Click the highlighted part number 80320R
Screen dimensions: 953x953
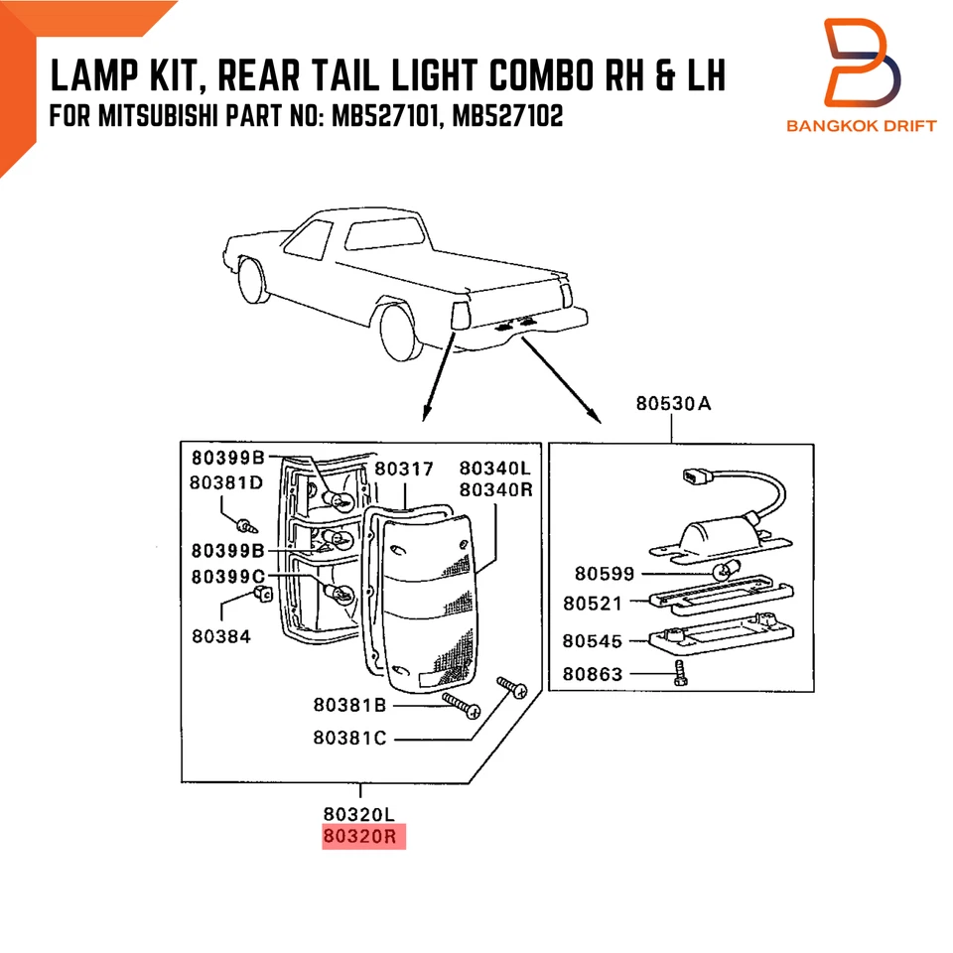point(361,837)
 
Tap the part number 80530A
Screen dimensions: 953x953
point(672,404)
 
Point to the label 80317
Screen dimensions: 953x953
point(404,469)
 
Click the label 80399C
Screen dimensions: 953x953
point(227,577)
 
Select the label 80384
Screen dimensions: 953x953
point(222,636)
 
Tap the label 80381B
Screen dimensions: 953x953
point(348,705)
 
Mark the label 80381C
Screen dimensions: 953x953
point(348,738)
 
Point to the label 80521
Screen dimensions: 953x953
point(593,603)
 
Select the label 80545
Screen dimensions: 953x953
point(593,640)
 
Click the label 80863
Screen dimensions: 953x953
point(593,674)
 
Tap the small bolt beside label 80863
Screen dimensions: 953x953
point(679,673)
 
